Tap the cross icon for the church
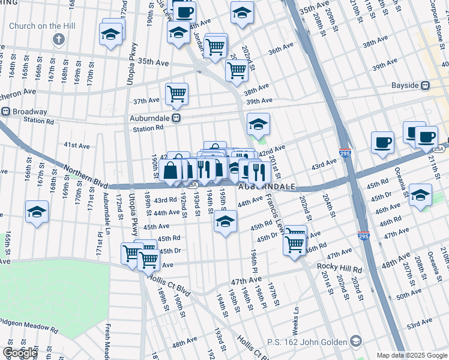pyautogui.click(x=58, y=40)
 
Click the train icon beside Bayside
pyautogui.click(x=425, y=86)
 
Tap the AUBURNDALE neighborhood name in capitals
pyautogui.click(x=267, y=187)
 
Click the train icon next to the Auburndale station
pyautogui.click(x=176, y=118)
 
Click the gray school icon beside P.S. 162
pyautogui.click(x=356, y=342)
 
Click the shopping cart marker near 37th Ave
pyautogui.click(x=176, y=94)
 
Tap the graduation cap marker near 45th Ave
pyautogui.click(x=225, y=221)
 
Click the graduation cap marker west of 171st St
pyautogui.click(x=37, y=212)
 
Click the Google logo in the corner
pyautogui.click(x=20, y=352)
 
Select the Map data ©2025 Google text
pyautogui.click(x=411, y=355)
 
